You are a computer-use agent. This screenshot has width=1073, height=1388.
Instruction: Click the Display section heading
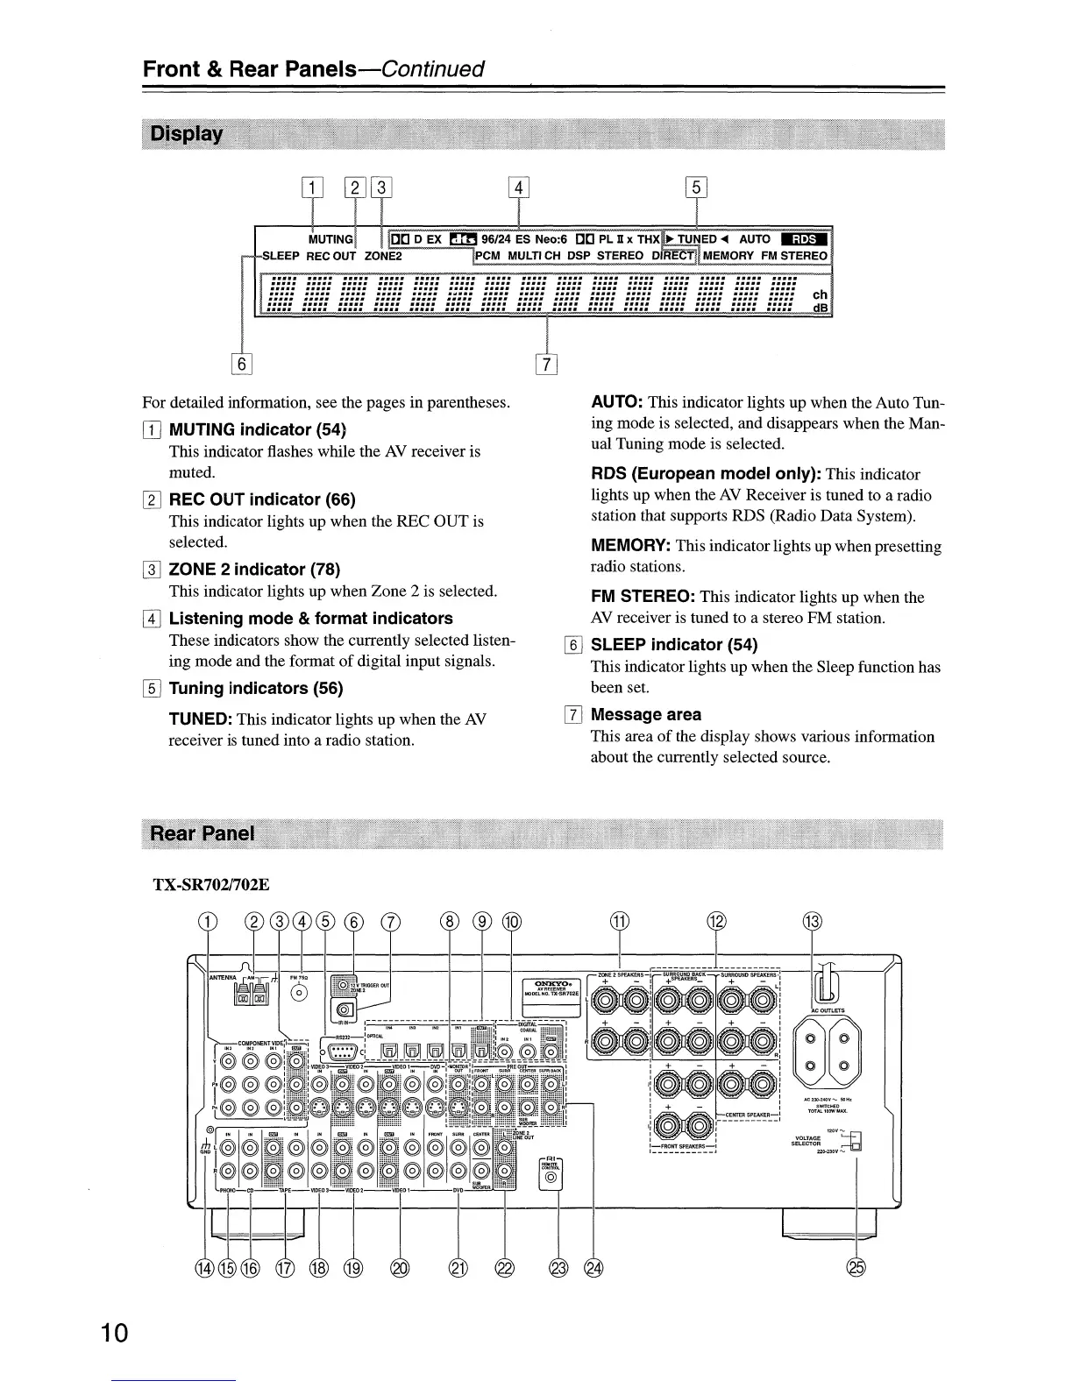(188, 134)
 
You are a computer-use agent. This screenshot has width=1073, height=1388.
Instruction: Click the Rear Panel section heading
(203, 832)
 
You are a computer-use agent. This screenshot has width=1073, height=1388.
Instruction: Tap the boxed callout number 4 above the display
(519, 188)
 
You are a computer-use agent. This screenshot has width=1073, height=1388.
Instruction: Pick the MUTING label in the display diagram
(330, 239)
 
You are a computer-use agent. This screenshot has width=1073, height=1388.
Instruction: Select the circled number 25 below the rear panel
(856, 1268)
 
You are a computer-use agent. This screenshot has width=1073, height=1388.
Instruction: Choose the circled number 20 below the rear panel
(400, 1268)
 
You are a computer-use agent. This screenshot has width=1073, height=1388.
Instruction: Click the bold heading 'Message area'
(646, 714)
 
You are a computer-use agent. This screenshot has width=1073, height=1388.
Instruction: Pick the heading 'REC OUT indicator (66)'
(262, 499)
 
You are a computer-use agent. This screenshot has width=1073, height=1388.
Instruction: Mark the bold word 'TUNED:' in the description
(200, 719)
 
